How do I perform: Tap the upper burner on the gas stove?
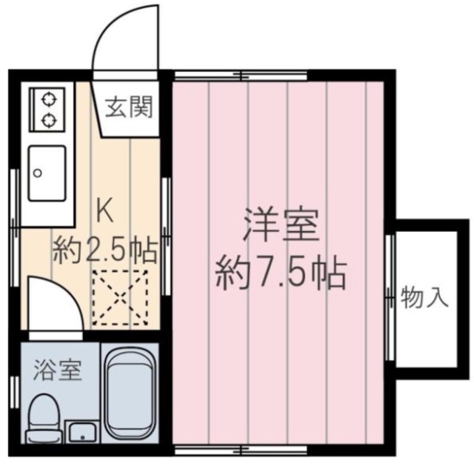49,98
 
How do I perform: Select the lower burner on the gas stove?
49,119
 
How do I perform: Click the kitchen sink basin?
47,173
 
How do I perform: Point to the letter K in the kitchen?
105,213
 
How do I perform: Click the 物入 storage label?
424,298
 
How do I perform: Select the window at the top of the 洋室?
242,74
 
